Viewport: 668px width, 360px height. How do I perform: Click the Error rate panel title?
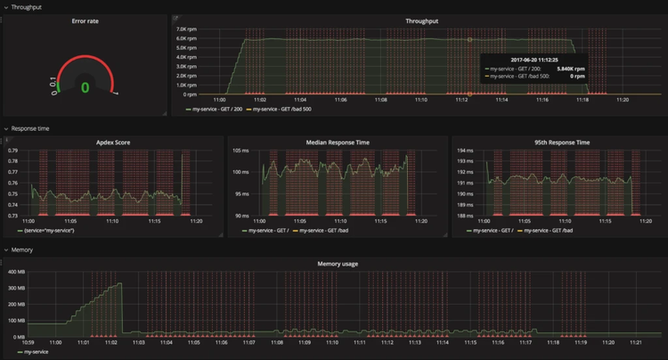[85, 20]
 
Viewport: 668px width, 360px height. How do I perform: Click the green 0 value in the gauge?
[85, 87]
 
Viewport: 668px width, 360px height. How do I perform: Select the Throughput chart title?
[421, 20]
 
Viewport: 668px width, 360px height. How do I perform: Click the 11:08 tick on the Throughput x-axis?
[381, 100]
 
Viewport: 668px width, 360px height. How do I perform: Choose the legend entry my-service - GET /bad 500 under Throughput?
[281, 110]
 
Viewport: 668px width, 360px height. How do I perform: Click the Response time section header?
[30, 128]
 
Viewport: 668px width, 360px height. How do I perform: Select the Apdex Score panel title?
[112, 142]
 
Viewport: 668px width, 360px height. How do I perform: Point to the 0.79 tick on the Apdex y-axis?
[12, 151]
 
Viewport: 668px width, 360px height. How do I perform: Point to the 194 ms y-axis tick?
[465, 151]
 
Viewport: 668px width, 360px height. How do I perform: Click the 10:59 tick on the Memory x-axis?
[28, 342]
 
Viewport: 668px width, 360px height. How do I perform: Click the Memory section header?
[24, 250]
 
